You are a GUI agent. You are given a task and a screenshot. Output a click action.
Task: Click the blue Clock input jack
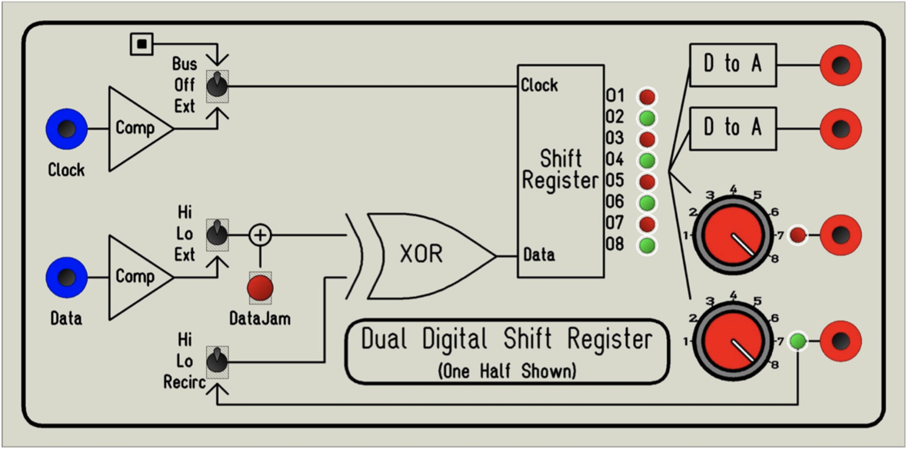coord(66,128)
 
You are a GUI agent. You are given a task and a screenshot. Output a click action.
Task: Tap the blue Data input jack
coord(66,277)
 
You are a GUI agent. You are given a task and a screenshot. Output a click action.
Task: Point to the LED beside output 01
coord(648,97)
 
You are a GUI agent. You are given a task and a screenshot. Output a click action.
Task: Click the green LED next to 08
coord(648,245)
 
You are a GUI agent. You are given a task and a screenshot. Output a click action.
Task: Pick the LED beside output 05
coord(648,182)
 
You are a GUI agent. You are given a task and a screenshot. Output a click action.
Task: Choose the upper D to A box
coord(732,65)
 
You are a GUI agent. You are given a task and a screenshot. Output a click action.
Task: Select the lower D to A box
coord(732,127)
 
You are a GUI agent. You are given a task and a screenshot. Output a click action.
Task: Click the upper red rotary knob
coord(733,234)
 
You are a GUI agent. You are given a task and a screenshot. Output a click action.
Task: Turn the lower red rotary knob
coord(733,341)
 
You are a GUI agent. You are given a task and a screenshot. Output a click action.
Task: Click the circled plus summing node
coord(260,234)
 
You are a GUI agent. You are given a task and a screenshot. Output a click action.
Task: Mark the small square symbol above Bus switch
coord(141,44)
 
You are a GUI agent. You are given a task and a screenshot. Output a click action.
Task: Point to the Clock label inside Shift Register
coord(539,85)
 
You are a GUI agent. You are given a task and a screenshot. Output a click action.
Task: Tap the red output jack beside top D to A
coord(841,65)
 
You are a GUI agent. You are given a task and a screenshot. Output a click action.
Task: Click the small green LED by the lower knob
coord(798,341)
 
